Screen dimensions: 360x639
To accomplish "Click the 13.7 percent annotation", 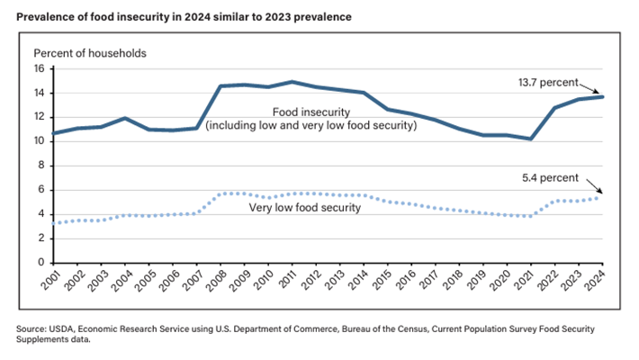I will coord(546,80).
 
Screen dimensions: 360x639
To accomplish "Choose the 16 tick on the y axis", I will coord(39,68).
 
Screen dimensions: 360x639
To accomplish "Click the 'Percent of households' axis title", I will coord(90,52).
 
